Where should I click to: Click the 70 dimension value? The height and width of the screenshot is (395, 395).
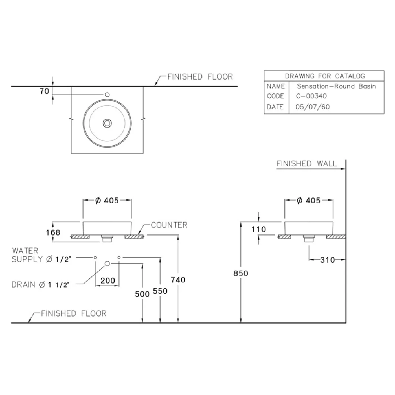(44, 91)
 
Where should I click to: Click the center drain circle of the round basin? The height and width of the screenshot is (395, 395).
(107, 123)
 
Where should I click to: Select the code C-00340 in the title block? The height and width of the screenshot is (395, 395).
(311, 96)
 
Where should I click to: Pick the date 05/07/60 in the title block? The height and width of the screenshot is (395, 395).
(312, 107)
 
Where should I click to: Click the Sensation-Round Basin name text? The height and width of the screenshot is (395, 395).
(336, 86)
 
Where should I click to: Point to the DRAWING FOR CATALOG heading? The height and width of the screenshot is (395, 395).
(325, 76)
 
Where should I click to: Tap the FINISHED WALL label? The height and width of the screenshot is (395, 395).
(306, 164)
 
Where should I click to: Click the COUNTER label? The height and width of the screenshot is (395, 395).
(169, 225)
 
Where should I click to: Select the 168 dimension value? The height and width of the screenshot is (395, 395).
(53, 232)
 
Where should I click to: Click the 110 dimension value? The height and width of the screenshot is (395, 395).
(259, 229)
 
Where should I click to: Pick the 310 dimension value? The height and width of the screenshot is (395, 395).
(327, 260)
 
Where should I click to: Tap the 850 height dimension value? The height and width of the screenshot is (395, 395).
(241, 273)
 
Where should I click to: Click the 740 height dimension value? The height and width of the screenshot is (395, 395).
(178, 280)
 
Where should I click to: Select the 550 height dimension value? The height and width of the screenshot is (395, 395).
(160, 291)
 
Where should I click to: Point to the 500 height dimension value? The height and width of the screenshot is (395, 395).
(142, 294)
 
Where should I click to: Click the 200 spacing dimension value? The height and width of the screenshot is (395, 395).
(107, 281)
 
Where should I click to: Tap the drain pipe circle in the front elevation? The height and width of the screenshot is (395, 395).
(107, 264)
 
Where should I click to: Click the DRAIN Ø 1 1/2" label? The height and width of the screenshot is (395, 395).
(40, 285)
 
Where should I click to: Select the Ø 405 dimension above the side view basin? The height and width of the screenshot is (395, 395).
(308, 201)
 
